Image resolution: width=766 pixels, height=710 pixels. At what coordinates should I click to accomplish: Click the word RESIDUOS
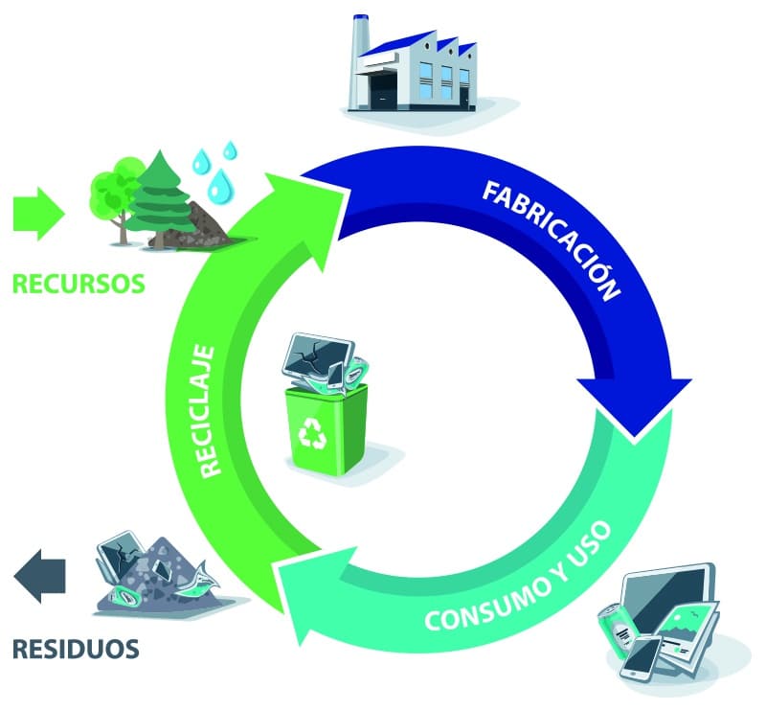[x=76, y=649]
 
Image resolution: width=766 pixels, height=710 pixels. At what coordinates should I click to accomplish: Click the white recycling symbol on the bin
[x=313, y=435]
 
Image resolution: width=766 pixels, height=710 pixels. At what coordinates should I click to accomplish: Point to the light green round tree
[x=113, y=187]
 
